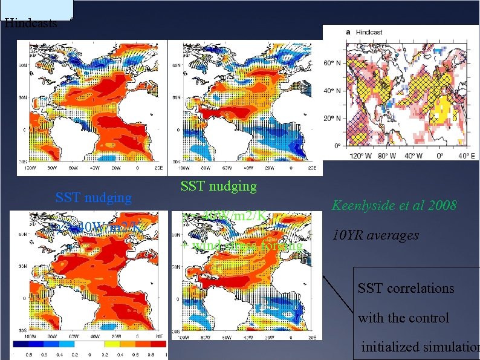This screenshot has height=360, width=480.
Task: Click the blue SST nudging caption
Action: pos(93,197)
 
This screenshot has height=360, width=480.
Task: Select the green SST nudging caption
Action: pos(218,186)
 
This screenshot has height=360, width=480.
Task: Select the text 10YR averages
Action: pos(375,235)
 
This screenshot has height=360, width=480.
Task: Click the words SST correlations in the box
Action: pos(406,288)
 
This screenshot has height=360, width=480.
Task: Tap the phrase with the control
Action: pos(403,317)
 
